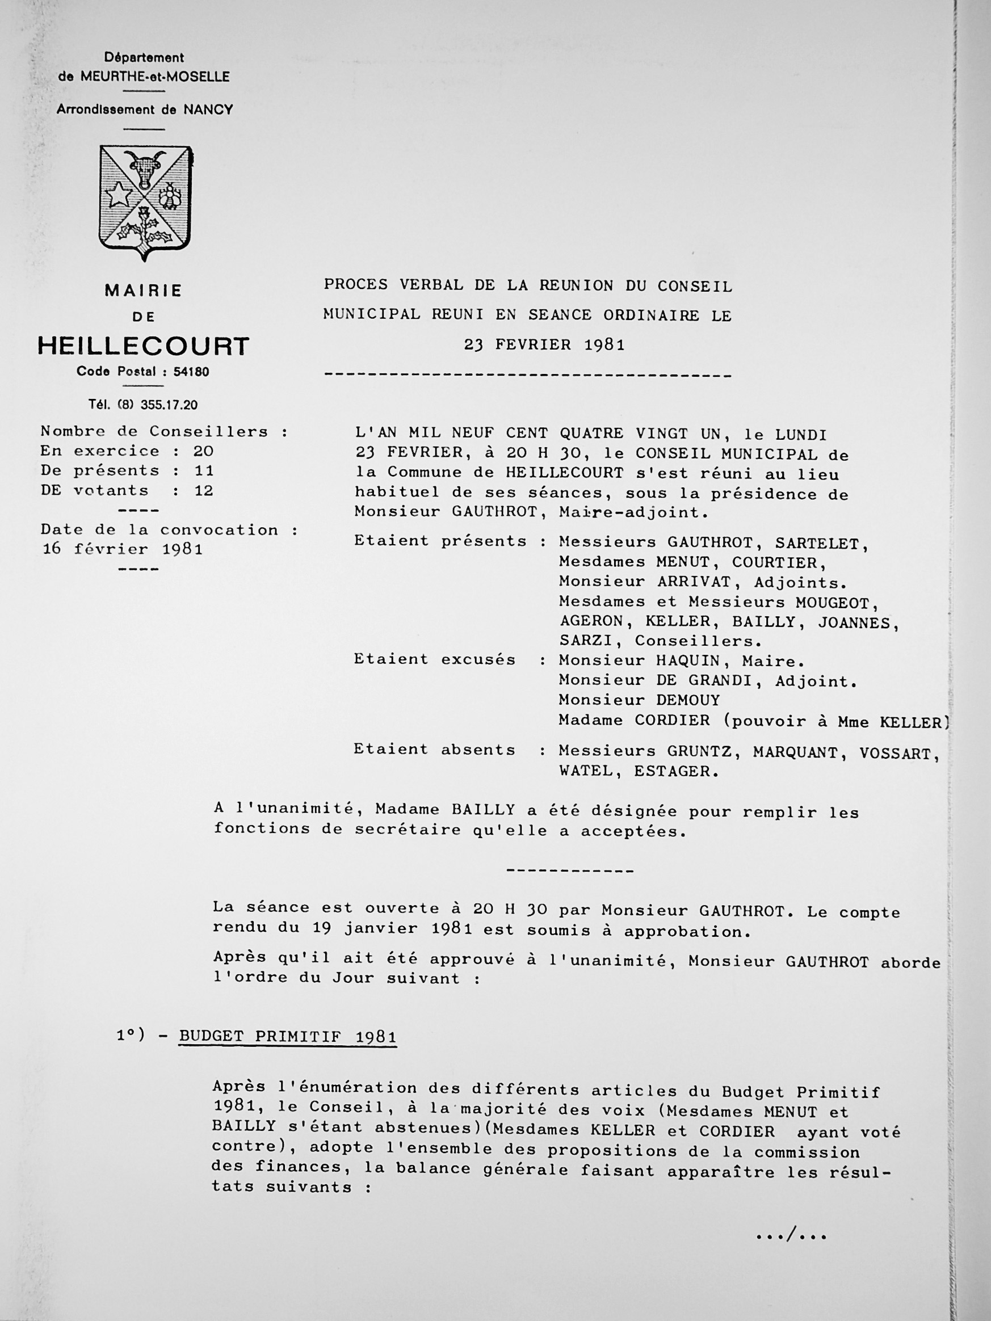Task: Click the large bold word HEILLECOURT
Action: click(144, 346)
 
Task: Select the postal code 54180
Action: click(191, 372)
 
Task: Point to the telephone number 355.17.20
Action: click(169, 405)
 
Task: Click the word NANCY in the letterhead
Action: click(208, 110)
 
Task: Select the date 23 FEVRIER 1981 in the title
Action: click(544, 345)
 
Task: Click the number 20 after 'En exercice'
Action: click(203, 452)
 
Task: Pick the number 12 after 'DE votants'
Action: click(203, 491)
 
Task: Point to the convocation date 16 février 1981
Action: click(123, 549)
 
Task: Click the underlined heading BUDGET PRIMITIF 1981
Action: click(287, 1037)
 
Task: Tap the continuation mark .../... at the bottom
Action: click(791, 1236)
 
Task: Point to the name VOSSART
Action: click(899, 753)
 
